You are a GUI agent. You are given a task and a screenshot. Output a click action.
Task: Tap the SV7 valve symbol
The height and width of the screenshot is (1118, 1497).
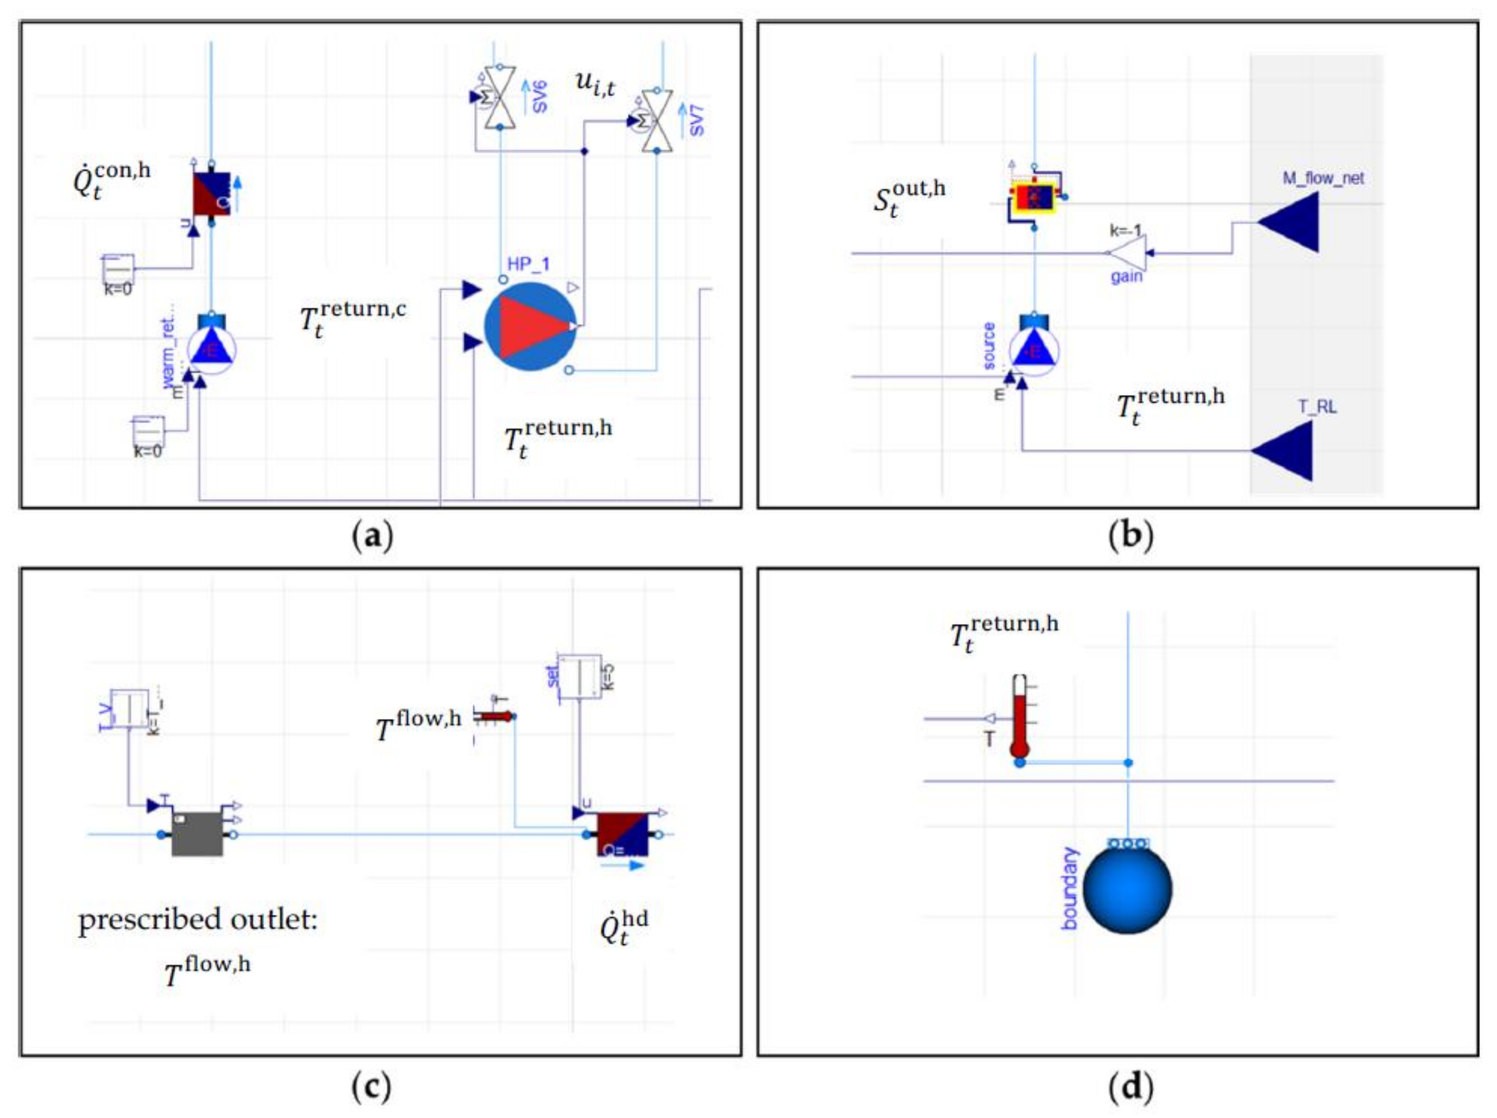(x=655, y=120)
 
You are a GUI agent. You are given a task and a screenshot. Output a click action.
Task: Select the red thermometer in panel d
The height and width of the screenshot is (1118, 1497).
(x=1020, y=716)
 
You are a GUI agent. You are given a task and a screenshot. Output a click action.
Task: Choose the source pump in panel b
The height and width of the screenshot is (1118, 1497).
(x=1034, y=351)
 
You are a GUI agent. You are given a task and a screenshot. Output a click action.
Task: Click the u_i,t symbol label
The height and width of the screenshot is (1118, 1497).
(x=595, y=84)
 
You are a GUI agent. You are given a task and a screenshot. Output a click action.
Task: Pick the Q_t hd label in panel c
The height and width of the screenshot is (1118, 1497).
(x=623, y=927)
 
